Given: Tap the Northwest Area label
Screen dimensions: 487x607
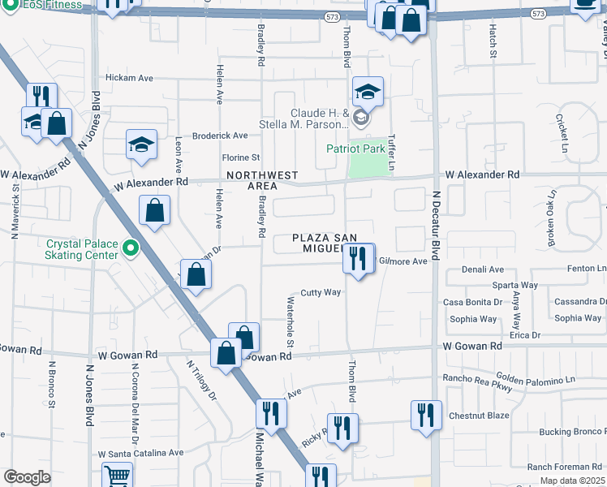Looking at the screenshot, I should (x=262, y=180).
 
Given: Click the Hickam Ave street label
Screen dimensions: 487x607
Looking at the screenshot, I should (x=130, y=79).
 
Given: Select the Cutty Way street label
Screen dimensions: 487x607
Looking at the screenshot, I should (x=321, y=292).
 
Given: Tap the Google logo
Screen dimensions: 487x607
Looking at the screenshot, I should (x=27, y=477).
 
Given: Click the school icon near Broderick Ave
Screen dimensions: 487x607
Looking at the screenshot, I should (x=141, y=145).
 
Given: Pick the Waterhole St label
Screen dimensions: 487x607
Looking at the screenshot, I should (x=289, y=317).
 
